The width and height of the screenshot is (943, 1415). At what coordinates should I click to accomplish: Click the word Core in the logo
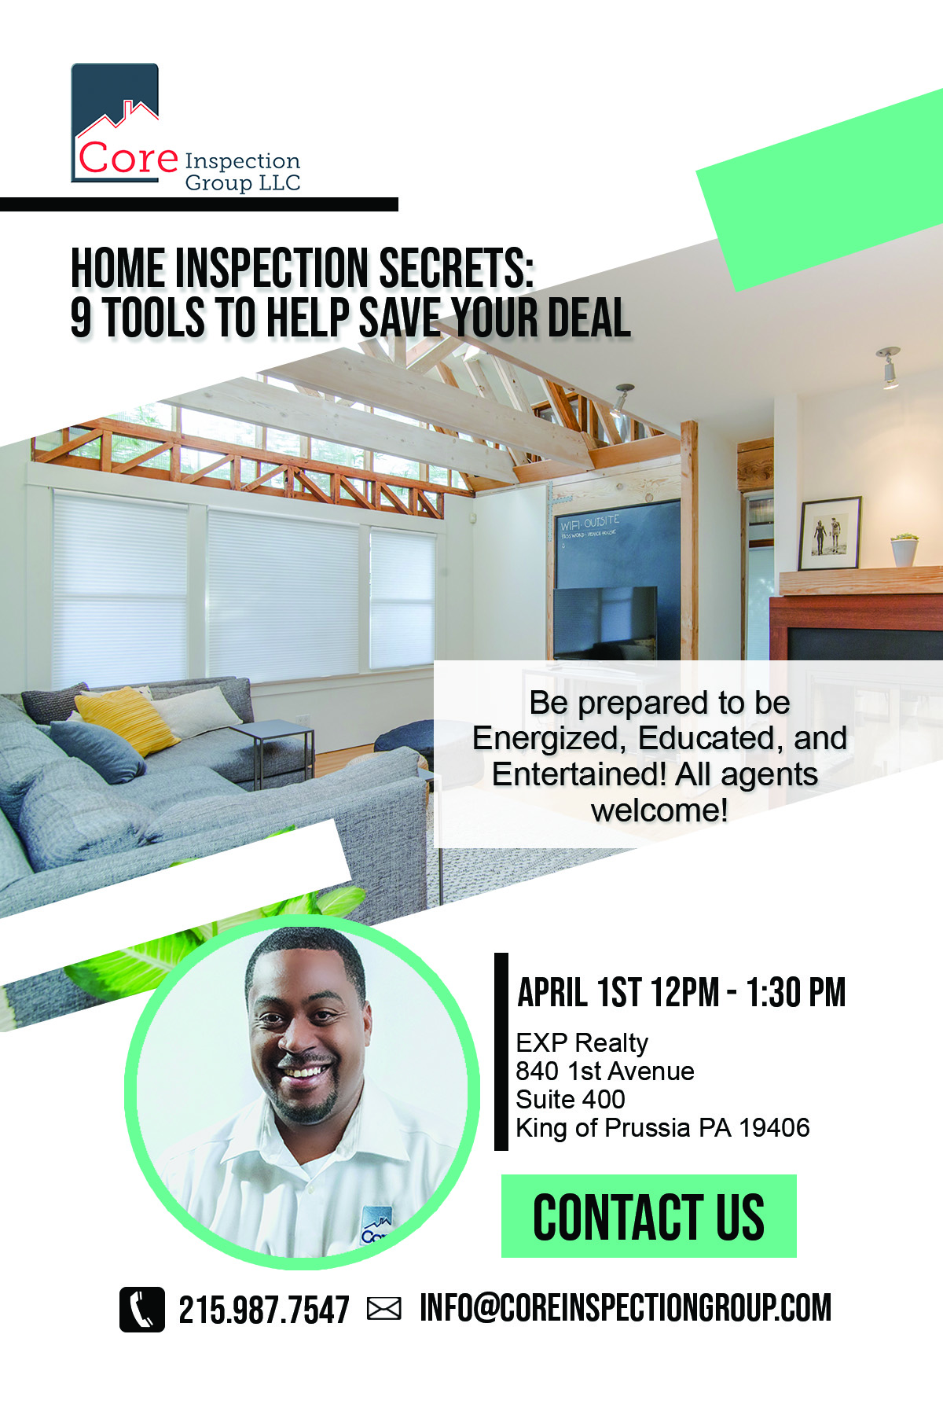click(127, 158)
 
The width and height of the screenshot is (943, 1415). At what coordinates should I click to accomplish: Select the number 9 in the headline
click(81, 318)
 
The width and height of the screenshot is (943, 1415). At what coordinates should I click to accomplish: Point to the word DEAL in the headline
click(589, 318)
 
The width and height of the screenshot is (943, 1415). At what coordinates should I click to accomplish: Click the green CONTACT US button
click(648, 1216)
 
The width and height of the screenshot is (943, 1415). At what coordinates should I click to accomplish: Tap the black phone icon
click(142, 1310)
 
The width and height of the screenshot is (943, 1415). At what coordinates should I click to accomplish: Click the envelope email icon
click(383, 1309)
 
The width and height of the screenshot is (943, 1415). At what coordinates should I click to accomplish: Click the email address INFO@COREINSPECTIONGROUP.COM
click(625, 1308)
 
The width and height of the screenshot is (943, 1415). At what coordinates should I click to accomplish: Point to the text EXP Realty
click(582, 1043)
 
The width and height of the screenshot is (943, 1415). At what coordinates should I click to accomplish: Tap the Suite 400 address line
click(571, 1100)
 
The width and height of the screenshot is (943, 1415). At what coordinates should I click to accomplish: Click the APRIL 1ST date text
click(574, 993)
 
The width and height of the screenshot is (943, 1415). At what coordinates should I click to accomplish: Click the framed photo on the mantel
click(829, 534)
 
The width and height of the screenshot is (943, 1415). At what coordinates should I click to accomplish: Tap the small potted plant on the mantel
click(904, 549)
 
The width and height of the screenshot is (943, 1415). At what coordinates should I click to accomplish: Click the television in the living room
click(605, 623)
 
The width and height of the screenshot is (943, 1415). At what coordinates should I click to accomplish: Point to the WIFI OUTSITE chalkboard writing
click(589, 523)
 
